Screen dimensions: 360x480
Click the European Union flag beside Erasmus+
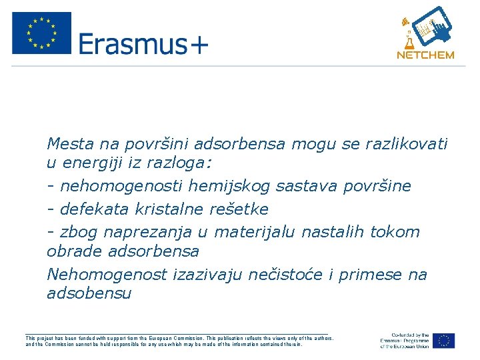(41, 33)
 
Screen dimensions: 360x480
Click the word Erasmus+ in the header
(143, 44)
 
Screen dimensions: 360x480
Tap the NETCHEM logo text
(425, 55)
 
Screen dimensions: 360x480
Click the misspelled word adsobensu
(89, 294)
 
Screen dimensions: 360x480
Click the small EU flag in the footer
(443, 341)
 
